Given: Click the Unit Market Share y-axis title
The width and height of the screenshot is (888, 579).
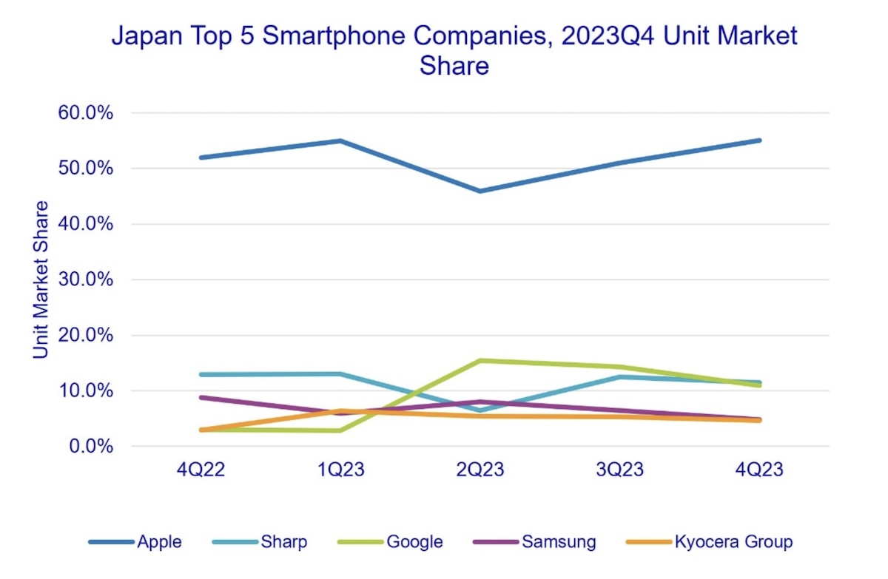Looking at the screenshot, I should (41, 280).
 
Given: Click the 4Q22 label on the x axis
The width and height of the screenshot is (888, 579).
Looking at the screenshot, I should (201, 470).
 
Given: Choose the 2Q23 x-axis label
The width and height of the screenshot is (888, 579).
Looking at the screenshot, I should (480, 470).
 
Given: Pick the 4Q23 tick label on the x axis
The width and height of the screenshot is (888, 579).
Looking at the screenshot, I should (759, 470).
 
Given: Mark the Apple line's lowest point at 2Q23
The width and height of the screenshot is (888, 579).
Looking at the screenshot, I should (480, 191).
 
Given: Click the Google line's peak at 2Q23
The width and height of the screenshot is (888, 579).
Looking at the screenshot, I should (480, 361).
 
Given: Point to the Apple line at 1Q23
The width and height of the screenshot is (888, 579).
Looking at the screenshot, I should (340, 140).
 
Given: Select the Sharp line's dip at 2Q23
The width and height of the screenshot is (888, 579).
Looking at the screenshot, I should (480, 410).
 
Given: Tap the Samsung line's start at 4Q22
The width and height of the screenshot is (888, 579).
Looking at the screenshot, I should (201, 397).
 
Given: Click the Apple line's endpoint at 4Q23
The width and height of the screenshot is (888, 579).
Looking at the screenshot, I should (759, 140).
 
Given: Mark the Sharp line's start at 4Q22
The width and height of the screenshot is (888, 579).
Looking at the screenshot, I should (201, 374).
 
